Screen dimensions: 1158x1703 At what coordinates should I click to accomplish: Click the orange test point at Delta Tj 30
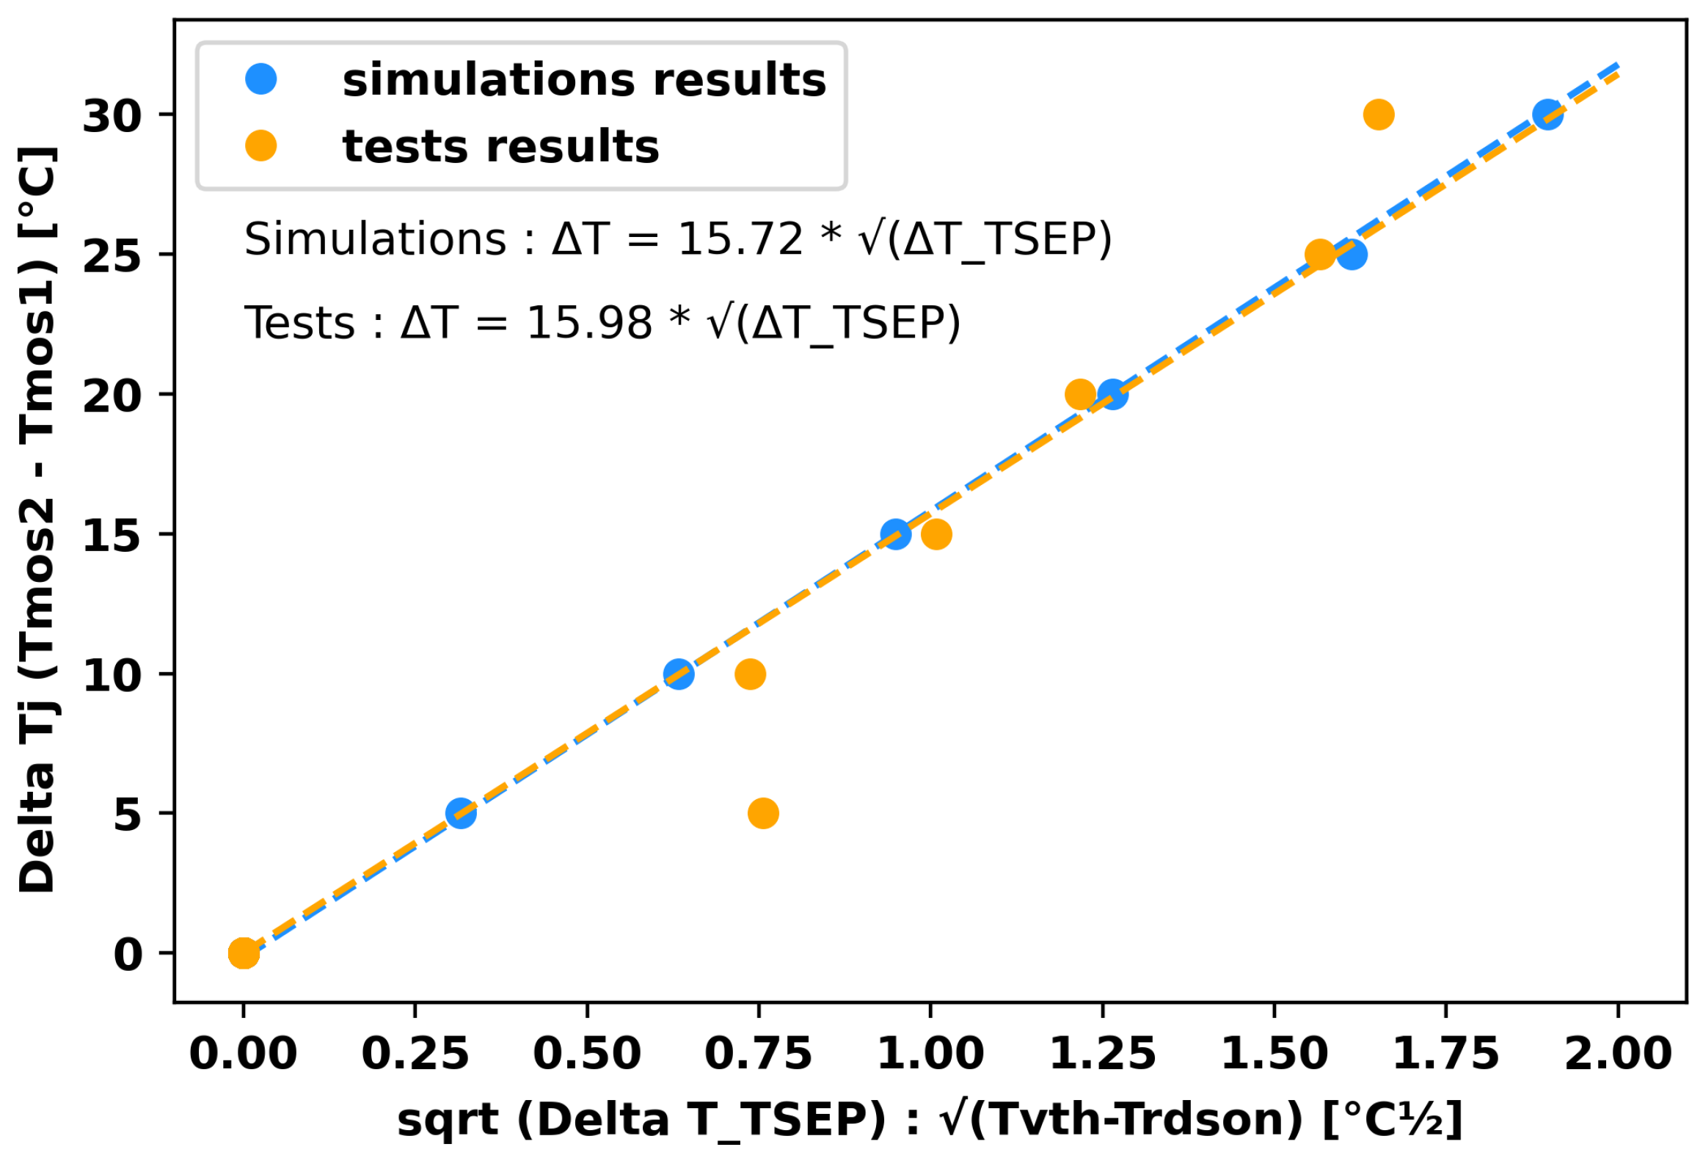pyautogui.click(x=1378, y=114)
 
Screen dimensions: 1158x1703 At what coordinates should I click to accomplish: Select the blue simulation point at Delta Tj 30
pyautogui.click(x=1547, y=114)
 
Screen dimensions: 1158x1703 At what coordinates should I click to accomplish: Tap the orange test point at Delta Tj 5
pyautogui.click(x=763, y=813)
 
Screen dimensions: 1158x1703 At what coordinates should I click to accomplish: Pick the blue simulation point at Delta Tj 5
pyautogui.click(x=461, y=813)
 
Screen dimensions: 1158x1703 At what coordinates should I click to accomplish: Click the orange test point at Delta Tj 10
pyautogui.click(x=750, y=674)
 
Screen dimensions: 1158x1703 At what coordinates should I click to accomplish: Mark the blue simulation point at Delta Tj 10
pyautogui.click(x=679, y=674)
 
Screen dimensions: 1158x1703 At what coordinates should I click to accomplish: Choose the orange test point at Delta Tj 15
pyautogui.click(x=936, y=534)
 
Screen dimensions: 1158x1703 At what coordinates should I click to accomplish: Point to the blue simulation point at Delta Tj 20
pyautogui.click(x=1113, y=395)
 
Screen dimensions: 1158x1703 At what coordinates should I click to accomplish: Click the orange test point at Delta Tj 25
pyautogui.click(x=1319, y=255)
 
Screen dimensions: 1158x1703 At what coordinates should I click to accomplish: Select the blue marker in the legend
pyautogui.click(x=261, y=79)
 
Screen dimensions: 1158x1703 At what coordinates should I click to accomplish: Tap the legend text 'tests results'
pyautogui.click(x=501, y=146)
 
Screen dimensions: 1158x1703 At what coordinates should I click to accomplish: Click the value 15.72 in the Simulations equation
pyautogui.click(x=740, y=239)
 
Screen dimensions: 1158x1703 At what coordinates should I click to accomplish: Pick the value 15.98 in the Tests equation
pyautogui.click(x=589, y=323)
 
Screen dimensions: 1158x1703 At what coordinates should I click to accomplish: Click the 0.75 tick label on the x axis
pyautogui.click(x=758, y=1054)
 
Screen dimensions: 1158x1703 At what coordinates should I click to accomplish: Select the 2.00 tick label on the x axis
pyautogui.click(x=1617, y=1054)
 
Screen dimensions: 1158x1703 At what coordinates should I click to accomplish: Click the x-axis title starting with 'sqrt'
pyautogui.click(x=930, y=1121)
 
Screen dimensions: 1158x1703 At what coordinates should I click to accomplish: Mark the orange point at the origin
pyautogui.click(x=244, y=953)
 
